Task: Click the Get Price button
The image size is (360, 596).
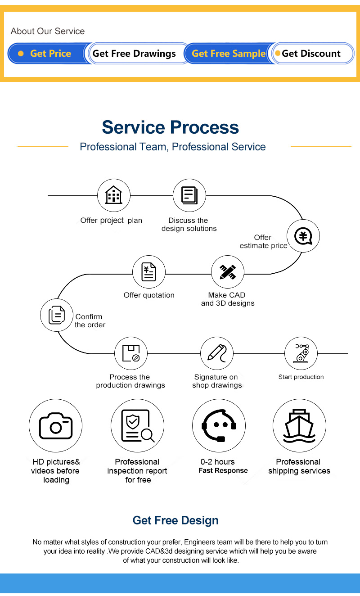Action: click(49, 54)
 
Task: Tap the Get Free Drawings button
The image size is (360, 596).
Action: click(136, 54)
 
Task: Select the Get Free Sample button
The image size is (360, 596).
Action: click(229, 54)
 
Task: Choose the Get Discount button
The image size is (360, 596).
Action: click(312, 54)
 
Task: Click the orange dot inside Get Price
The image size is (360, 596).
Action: click(21, 54)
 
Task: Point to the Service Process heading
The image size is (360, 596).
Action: click(170, 127)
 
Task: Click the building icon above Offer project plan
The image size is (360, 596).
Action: click(113, 195)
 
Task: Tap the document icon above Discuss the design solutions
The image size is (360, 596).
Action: click(189, 195)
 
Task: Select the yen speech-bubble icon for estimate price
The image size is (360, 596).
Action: click(303, 236)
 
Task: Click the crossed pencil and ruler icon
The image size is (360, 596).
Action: click(228, 272)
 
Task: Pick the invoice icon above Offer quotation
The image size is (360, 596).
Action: click(149, 272)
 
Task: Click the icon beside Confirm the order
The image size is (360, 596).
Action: click(56, 315)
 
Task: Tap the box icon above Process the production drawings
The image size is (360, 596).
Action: click(130, 353)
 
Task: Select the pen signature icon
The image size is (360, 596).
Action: click(216, 353)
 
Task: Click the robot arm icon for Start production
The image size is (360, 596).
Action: click(301, 353)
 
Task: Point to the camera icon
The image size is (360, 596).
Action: click(56, 425)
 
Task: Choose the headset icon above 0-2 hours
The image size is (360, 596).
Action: click(219, 425)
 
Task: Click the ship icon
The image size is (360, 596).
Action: click(299, 425)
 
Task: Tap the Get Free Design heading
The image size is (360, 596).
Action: click(175, 520)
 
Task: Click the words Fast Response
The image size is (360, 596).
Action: click(223, 470)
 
